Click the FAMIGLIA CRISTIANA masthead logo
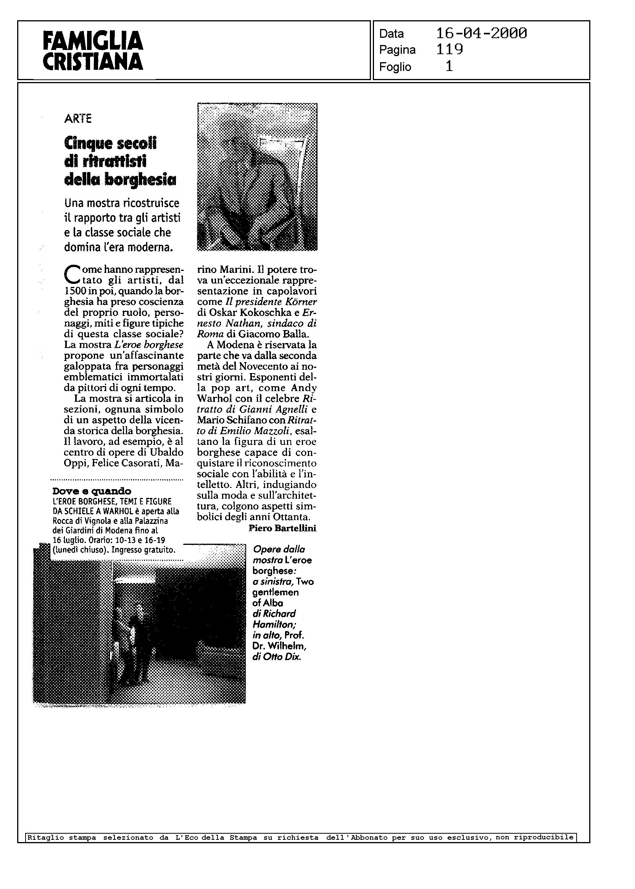[x=93, y=51]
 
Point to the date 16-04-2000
[x=481, y=34]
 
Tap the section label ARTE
[x=78, y=119]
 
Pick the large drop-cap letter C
[x=70, y=274]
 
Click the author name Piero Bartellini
[x=282, y=528]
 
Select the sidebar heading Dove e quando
[x=92, y=491]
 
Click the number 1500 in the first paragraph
[x=73, y=291]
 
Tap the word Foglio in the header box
[x=395, y=67]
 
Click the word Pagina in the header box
[x=397, y=50]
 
